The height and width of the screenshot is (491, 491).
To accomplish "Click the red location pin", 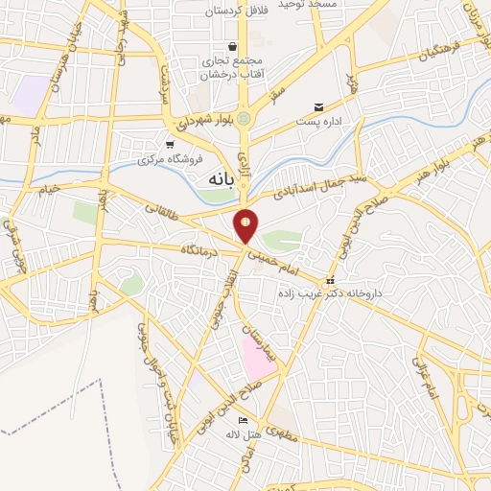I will click(246, 225).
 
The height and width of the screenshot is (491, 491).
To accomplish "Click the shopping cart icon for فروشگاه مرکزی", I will click(170, 145).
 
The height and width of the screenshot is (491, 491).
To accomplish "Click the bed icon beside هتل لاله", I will click(243, 421).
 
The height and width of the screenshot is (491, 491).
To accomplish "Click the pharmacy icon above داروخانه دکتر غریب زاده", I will click(330, 280).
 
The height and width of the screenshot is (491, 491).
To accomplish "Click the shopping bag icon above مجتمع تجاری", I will click(233, 47).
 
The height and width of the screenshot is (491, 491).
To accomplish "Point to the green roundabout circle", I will click(245, 119).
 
